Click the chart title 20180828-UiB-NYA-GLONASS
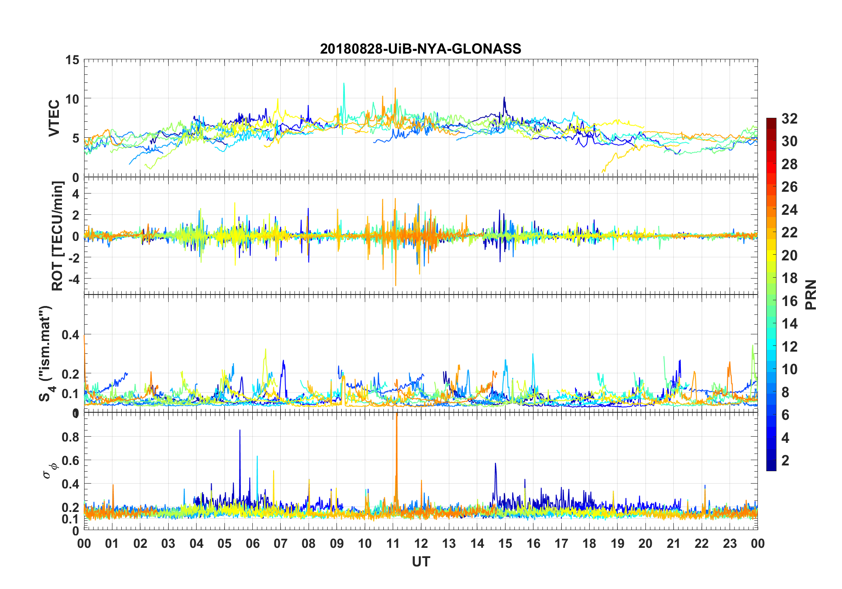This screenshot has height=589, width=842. [421, 49]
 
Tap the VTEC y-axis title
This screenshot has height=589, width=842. [54, 118]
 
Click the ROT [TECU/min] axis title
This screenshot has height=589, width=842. [58, 236]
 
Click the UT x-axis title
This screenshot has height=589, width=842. [421, 562]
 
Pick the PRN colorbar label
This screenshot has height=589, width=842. [811, 295]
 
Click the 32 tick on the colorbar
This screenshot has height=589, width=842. [789, 119]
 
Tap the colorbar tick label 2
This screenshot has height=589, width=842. [785, 461]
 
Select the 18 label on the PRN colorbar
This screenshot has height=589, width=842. [789, 278]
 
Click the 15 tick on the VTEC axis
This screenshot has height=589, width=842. [73, 60]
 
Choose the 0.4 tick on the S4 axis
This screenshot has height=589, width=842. [70, 335]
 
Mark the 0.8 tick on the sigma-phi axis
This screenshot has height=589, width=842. [70, 437]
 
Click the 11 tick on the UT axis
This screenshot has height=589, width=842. [393, 544]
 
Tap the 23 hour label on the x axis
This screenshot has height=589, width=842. [730, 544]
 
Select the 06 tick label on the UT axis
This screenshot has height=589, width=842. [252, 544]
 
